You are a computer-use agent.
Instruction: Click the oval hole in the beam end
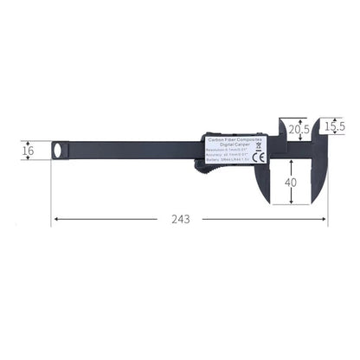pyautogui.click(x=59, y=151)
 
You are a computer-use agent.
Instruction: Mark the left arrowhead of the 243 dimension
pyautogui.click(x=55, y=220)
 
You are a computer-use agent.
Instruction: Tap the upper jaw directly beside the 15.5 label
pyautogui.click(x=320, y=127)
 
